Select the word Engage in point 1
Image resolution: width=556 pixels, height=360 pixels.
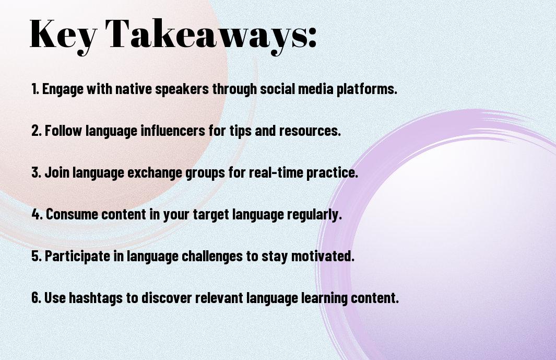pyautogui.click(x=63, y=89)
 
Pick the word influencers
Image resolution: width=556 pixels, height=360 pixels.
pyautogui.click(x=173, y=131)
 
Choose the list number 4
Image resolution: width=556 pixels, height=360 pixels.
pyautogui.click(x=37, y=214)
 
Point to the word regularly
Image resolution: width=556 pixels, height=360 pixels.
pyautogui.click(x=314, y=215)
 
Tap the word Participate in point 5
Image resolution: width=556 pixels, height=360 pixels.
pyautogui.click(x=77, y=257)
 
